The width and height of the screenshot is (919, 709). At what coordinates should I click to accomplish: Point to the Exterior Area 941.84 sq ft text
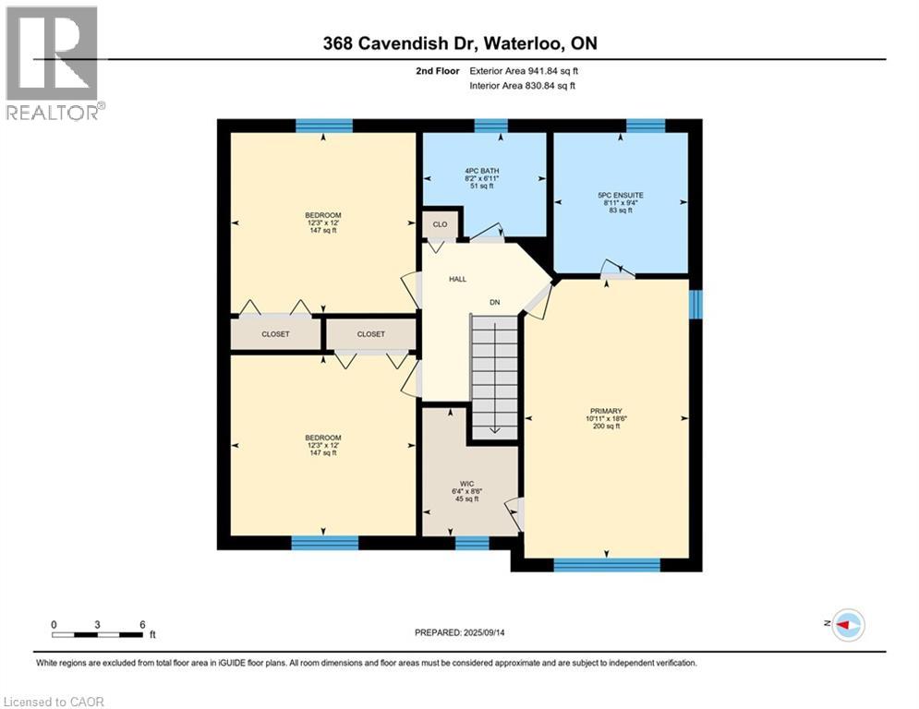click(524, 70)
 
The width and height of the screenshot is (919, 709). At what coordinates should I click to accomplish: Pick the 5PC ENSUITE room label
click(620, 196)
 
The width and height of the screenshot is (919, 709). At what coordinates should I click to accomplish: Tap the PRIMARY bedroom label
click(607, 412)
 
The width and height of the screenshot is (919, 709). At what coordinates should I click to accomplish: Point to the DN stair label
click(495, 302)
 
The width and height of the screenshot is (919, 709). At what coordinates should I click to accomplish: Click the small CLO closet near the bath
click(441, 223)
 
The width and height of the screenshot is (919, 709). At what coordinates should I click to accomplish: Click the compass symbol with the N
click(847, 625)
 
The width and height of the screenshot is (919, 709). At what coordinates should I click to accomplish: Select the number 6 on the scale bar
click(141, 624)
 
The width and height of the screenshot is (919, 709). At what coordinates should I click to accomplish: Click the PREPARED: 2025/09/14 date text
click(459, 632)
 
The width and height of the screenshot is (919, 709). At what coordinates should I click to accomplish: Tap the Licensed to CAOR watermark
click(54, 702)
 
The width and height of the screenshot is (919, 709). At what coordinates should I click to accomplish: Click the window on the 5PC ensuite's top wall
click(646, 126)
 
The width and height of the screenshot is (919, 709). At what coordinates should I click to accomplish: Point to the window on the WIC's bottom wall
click(472, 543)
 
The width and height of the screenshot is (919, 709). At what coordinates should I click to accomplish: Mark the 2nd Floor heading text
click(441, 70)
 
